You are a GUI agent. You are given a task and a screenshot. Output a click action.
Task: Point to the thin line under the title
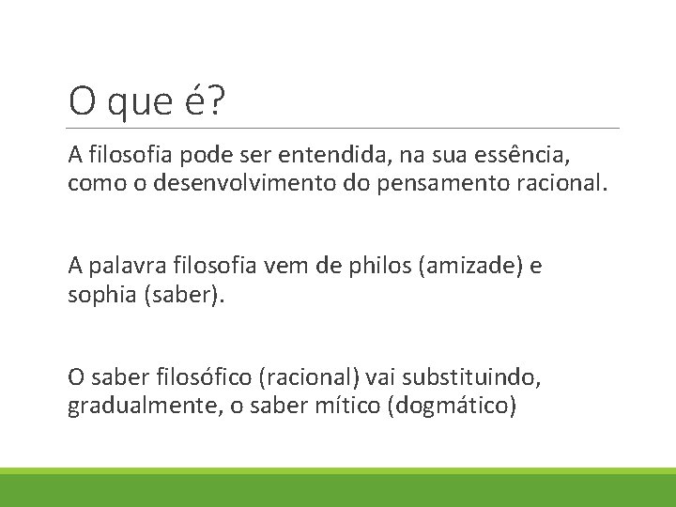point(344,128)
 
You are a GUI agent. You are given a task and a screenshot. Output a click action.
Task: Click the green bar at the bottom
point(338,489)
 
